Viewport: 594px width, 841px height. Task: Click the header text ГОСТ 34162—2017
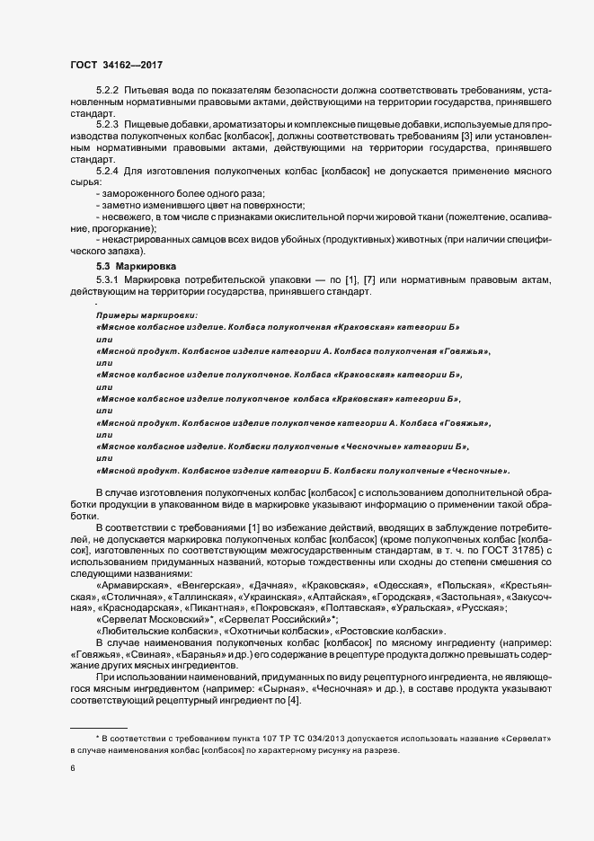pos(117,65)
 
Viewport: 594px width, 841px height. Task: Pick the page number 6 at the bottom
pos(74,769)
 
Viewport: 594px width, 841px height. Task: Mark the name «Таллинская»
pos(203,597)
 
